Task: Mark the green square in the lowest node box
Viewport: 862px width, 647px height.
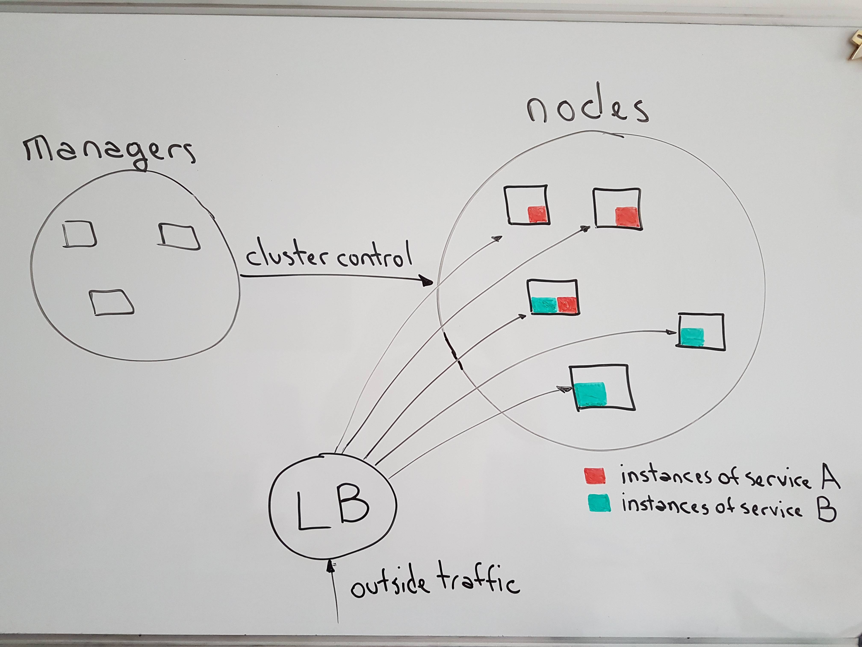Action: coord(591,394)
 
